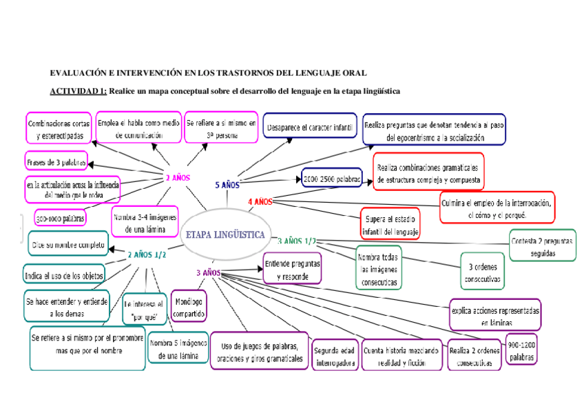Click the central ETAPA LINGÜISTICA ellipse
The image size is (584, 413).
[x=225, y=235]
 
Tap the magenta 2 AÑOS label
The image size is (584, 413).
[x=177, y=178]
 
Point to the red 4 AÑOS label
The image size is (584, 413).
[x=260, y=201]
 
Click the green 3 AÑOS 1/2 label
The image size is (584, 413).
[x=297, y=241]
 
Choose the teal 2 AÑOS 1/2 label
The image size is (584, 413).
[x=147, y=254]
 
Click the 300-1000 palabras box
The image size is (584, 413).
[x=61, y=218]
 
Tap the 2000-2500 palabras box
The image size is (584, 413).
[x=332, y=179]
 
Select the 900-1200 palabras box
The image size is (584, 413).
[x=521, y=351]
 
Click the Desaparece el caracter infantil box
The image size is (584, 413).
[x=309, y=128]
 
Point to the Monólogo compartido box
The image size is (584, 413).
[x=189, y=308]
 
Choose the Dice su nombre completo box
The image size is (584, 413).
[x=67, y=244]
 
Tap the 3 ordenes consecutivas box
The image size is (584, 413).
[x=483, y=273]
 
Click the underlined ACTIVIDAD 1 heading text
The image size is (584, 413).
[x=78, y=91]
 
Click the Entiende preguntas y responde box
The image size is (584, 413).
[x=293, y=269]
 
